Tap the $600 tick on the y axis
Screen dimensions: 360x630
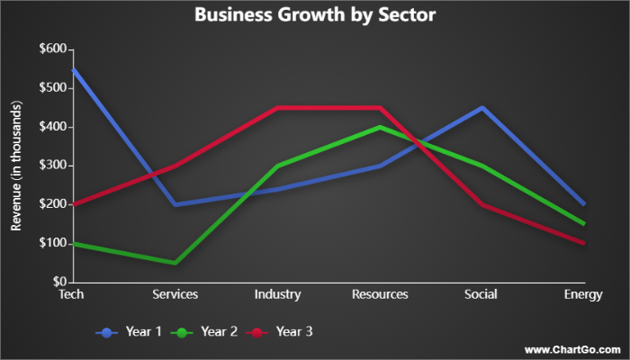52,49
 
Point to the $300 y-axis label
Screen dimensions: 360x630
52,166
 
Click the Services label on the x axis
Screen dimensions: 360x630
175,294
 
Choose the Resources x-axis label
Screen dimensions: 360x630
380,294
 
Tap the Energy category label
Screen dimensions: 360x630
583,294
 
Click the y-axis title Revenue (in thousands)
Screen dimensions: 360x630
15,166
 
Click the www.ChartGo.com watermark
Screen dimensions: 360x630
571,349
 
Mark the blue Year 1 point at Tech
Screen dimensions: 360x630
72,68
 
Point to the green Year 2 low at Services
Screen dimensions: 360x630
175,263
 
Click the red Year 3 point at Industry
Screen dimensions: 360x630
277,108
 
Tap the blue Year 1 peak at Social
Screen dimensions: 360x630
482,108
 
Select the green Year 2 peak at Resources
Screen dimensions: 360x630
380,127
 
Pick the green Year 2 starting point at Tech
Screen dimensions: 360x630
72,243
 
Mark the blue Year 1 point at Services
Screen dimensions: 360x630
175,204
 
